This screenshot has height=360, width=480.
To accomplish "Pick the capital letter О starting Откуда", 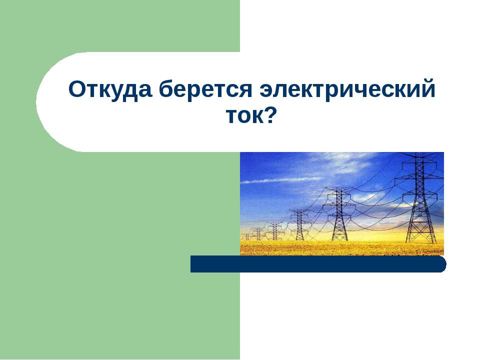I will (x=76, y=90).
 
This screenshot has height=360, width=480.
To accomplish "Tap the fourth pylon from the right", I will (x=274, y=230).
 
